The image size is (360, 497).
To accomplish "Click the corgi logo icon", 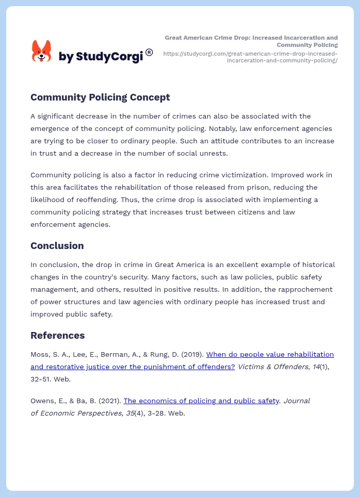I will (x=42, y=52).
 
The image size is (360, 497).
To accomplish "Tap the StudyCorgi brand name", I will (x=100, y=57).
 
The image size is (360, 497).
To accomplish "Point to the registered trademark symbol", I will (x=149, y=52).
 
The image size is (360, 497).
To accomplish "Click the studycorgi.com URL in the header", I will (x=251, y=57).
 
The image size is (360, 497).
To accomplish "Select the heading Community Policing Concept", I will (x=100, y=97).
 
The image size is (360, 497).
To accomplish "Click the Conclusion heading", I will (x=57, y=245).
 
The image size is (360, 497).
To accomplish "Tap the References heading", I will (x=57, y=335).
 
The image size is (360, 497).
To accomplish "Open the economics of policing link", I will (x=201, y=401).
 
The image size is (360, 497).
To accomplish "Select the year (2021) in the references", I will (x=111, y=401).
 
